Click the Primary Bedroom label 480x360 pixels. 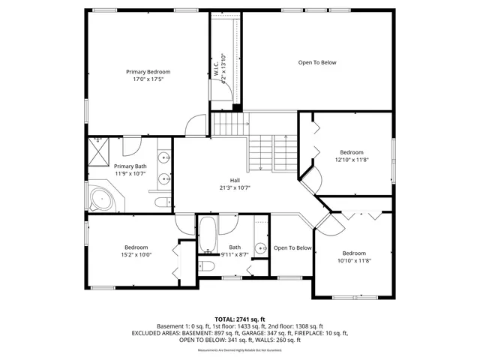148,71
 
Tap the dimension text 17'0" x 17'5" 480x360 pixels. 148,79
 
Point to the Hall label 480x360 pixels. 235,180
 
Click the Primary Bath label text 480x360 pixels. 130,166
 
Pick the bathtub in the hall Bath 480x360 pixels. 207,235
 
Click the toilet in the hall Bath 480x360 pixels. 207,265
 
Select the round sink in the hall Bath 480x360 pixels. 259,248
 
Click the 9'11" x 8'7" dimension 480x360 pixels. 235,255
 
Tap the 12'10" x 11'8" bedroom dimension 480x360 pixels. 351,159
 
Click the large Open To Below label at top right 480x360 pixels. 316,62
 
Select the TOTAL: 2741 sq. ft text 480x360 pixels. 240,319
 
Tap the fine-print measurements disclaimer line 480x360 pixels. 240,350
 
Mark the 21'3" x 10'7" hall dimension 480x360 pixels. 235,187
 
